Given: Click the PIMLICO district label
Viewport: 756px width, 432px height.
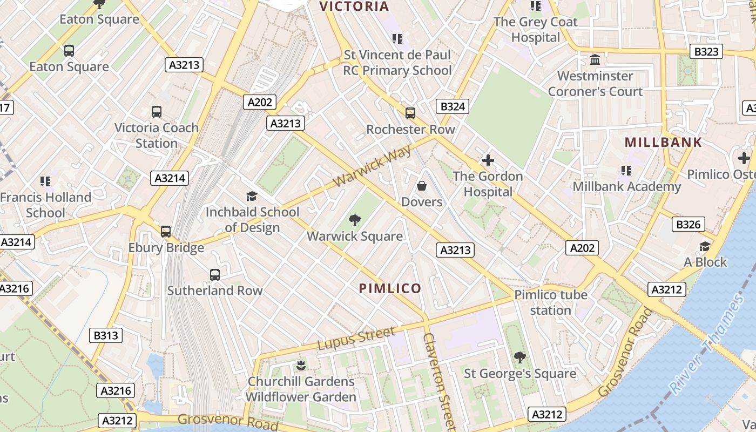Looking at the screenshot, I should point(390,288).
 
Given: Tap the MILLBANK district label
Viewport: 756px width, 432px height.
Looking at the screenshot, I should point(663,143).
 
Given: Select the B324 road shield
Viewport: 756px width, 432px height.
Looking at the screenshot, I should point(453,106).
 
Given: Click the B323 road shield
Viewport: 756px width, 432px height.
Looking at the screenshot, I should point(706,52).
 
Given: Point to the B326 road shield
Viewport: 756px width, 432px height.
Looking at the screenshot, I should point(688,225).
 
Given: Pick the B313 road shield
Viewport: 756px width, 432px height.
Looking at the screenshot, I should point(106,335).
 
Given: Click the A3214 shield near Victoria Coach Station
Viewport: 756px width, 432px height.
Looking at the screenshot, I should point(170,178).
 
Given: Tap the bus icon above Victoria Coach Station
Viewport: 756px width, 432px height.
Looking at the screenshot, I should point(157,112).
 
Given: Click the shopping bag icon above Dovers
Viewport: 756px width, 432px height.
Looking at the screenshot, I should point(422,186).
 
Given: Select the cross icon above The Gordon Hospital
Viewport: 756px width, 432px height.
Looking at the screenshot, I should point(488,160).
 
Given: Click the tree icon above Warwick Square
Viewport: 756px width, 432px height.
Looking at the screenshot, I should point(355,220).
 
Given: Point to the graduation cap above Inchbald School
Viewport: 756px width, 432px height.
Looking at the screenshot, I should point(252,196).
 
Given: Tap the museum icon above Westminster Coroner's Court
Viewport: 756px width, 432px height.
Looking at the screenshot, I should point(595,59).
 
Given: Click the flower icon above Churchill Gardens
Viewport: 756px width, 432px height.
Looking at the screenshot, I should point(301,365).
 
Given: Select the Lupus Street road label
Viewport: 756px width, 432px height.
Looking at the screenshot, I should point(356,338).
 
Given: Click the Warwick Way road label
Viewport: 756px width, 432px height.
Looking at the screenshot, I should point(372,165).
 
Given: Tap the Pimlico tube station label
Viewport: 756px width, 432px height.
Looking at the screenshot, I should point(550,302).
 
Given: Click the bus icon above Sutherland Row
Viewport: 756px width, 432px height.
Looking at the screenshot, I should point(215,274).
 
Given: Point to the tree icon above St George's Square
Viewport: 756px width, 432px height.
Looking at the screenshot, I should point(520,357).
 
